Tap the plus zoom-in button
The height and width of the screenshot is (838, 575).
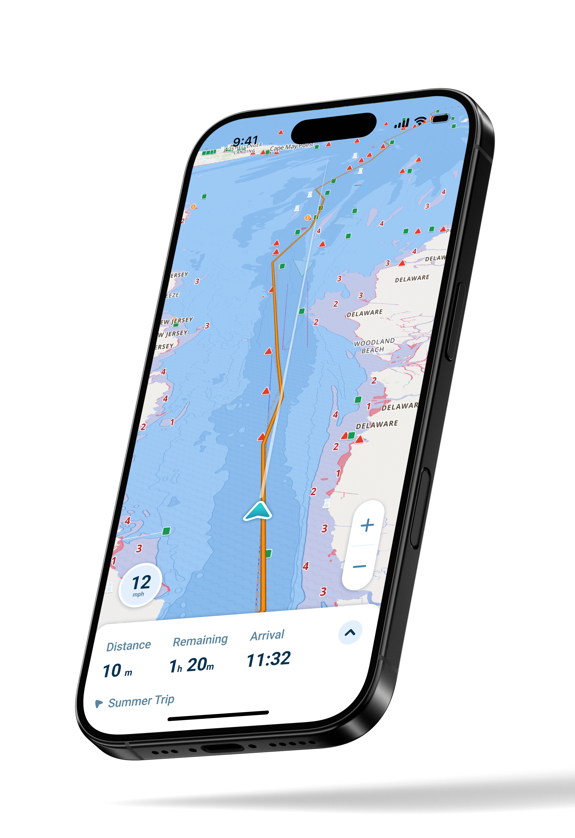click(x=367, y=525)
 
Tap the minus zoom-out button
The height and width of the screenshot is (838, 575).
click(x=359, y=566)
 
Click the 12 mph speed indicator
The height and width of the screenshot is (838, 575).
click(x=140, y=585)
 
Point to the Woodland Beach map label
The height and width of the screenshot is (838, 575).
click(x=374, y=345)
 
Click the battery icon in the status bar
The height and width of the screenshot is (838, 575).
click(x=440, y=118)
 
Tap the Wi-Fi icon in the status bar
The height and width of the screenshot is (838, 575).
click(x=420, y=121)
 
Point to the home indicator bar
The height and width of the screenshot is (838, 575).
click(x=218, y=716)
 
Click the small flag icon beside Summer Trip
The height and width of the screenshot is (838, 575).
click(x=98, y=703)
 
